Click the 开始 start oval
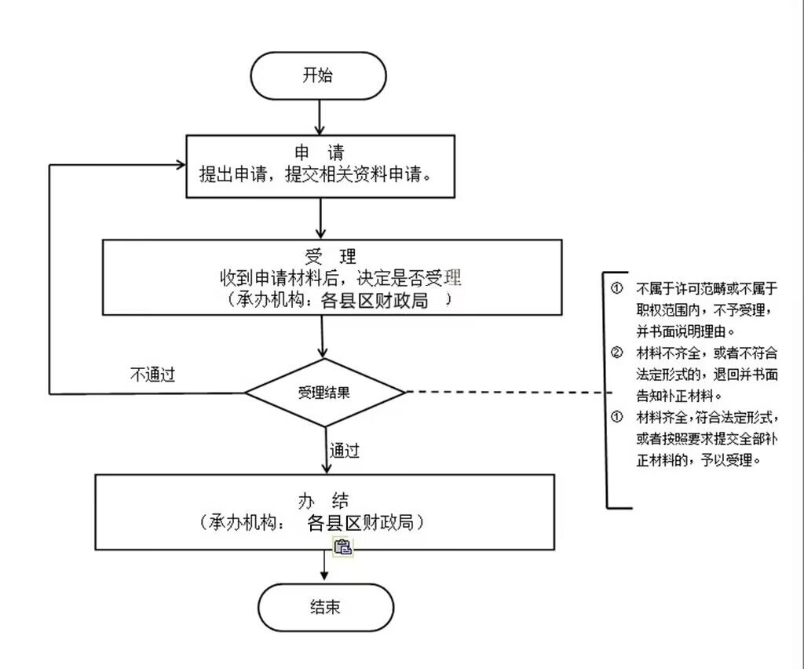(x=318, y=75)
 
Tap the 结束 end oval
(x=325, y=607)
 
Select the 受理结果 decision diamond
(x=325, y=392)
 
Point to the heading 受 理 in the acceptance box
(x=331, y=257)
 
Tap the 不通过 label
(x=152, y=375)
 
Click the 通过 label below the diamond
(x=345, y=451)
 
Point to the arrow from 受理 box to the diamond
(x=323, y=336)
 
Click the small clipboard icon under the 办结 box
(x=342, y=548)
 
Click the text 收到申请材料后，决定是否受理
(x=339, y=278)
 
